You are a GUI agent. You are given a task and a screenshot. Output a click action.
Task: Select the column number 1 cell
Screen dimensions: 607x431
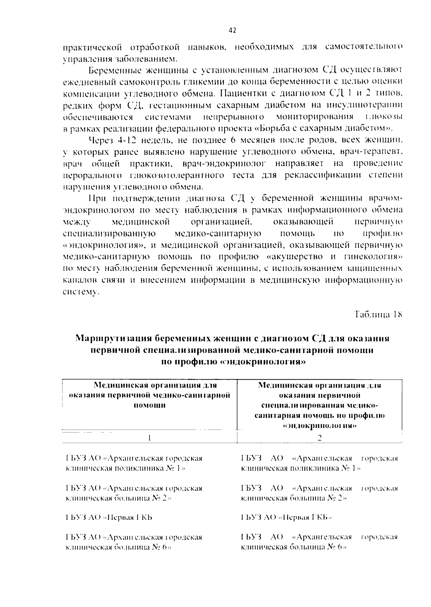(149, 438)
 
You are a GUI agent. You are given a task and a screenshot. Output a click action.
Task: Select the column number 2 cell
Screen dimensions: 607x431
(320, 438)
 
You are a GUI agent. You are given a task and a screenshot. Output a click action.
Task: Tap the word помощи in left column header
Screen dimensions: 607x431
(149, 406)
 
